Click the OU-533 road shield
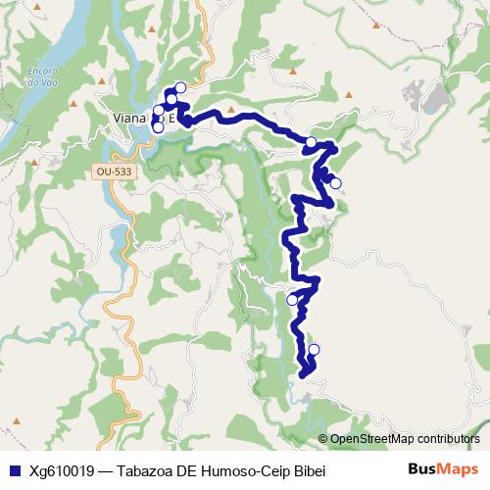click(x=113, y=171)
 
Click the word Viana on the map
click(x=125, y=120)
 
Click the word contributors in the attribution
click(x=448, y=438)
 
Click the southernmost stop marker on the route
click(x=315, y=349)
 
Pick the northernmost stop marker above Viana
click(x=180, y=87)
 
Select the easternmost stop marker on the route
click(x=335, y=183)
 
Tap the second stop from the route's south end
click(x=292, y=299)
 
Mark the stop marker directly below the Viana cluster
click(x=158, y=127)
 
